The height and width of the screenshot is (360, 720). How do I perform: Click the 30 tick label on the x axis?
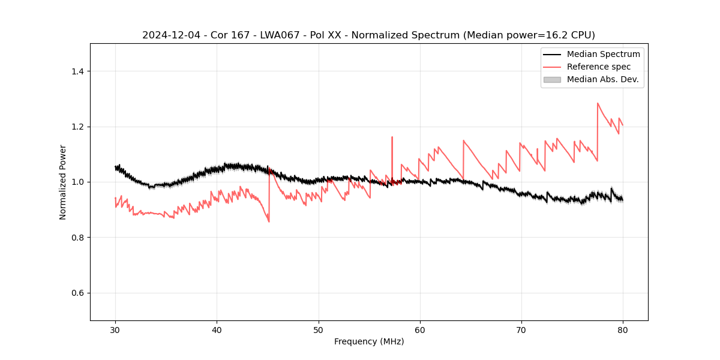click(116, 329)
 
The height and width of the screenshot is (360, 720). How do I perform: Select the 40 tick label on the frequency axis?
click(217, 329)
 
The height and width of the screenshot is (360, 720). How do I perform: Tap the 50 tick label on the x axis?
click(319, 329)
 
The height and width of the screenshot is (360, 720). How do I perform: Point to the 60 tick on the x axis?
click(420, 329)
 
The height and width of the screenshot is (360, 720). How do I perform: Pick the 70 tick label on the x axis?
click(521, 329)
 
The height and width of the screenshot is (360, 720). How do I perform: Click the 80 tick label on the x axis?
click(623, 329)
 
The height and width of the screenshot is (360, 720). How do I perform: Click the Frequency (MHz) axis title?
click(369, 341)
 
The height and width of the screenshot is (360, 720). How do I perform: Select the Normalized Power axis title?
click(63, 182)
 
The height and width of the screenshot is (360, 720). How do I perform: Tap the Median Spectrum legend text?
click(603, 54)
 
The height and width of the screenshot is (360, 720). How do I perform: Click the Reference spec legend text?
click(599, 67)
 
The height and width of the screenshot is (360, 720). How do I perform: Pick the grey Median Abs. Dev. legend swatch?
click(552, 79)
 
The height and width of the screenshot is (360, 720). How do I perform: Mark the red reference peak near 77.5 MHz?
click(598, 103)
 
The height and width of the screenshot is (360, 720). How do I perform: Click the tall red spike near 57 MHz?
click(392, 137)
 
